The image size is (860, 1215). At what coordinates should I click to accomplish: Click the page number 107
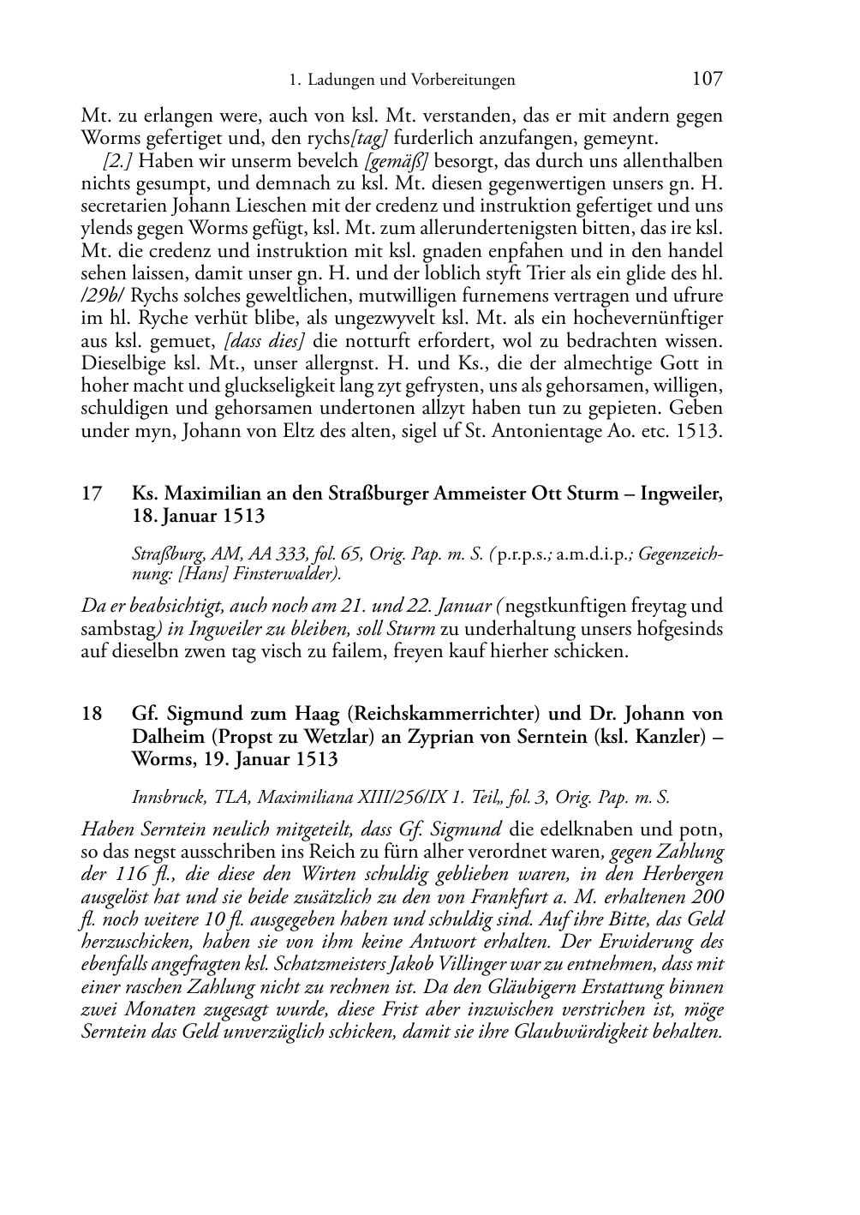point(707,80)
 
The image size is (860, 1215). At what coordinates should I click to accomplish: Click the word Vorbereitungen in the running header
point(463,81)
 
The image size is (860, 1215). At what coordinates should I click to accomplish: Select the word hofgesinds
point(682,629)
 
